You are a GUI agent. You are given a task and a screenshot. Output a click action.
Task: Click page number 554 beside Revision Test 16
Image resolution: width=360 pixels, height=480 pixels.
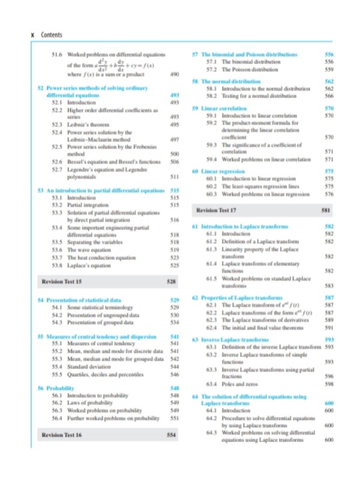click(171, 434)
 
